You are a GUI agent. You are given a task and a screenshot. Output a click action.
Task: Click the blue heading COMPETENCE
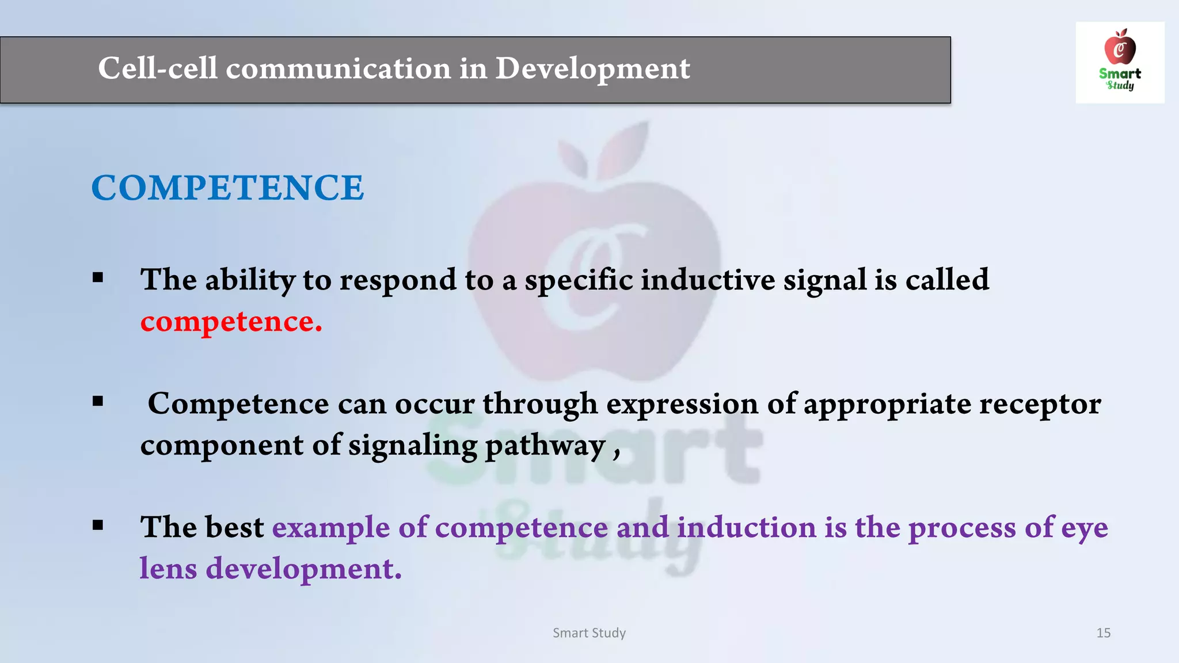point(227,188)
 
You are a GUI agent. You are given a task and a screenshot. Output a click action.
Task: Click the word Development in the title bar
point(592,68)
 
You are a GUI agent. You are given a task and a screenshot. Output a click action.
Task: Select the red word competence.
point(230,321)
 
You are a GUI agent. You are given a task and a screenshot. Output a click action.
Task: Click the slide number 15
point(1103,632)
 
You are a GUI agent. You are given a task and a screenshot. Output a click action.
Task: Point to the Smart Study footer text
point(589,632)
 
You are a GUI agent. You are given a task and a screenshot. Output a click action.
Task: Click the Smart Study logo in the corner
point(1120,62)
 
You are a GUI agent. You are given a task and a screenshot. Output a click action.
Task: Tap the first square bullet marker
point(98,279)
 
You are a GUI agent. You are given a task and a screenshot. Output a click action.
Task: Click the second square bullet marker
point(98,401)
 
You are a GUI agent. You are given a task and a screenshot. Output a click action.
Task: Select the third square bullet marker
point(98,525)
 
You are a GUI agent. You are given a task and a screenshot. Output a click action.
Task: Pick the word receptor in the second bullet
point(1040,403)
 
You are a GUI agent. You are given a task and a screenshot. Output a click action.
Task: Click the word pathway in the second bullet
point(545,445)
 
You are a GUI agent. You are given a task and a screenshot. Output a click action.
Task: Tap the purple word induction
point(746,527)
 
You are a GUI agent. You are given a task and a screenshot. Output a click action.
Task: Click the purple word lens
point(169,569)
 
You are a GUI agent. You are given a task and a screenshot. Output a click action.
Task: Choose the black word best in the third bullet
point(234,527)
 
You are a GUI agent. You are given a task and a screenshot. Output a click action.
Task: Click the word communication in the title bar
point(338,68)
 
